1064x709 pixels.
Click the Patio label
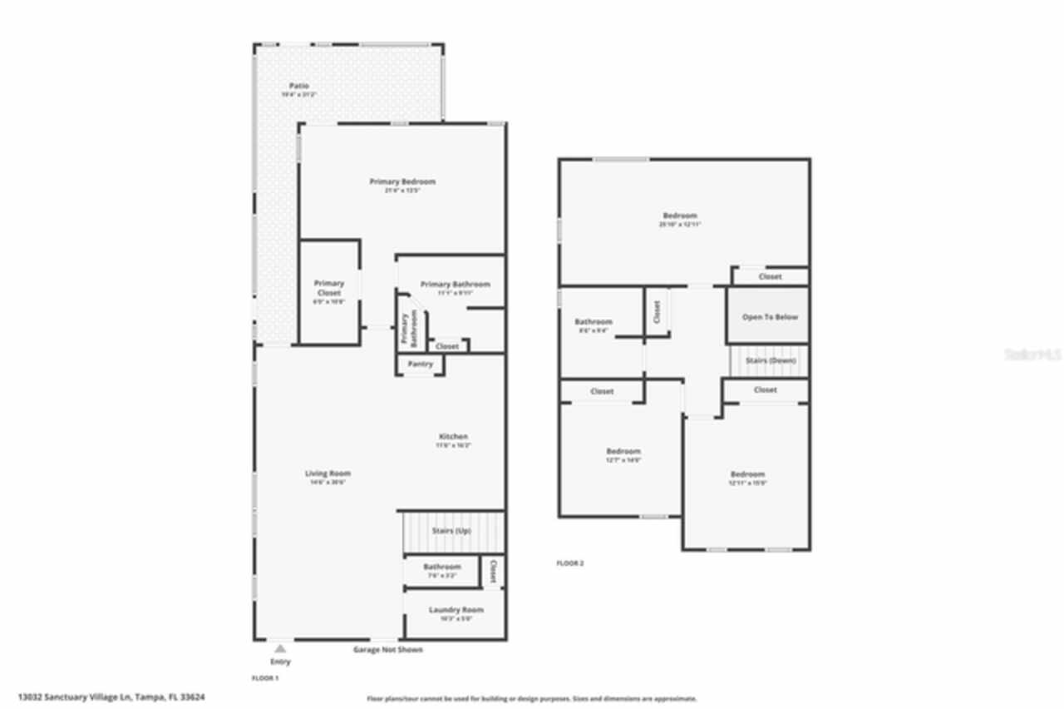pos(299,87)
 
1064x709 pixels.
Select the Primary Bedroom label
pos(402,182)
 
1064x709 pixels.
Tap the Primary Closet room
pos(329,292)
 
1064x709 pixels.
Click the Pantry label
pos(420,364)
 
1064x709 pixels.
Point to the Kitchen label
pos(453,437)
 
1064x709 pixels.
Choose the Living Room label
pos(328,473)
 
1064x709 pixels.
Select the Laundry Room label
pos(456,610)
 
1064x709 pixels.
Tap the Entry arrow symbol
pos(280,648)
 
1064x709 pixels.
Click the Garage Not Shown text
pos(389,650)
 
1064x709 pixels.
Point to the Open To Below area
pos(769,317)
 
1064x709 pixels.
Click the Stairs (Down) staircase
pos(770,361)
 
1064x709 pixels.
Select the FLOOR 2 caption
pos(570,563)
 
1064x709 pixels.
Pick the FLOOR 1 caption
pos(266,678)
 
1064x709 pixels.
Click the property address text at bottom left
pos(111,697)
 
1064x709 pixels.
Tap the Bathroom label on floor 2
pos(594,322)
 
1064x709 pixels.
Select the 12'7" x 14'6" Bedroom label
pos(623,452)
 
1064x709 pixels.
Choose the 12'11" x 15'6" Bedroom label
pos(747,475)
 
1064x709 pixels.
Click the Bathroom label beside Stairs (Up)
pos(441,567)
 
